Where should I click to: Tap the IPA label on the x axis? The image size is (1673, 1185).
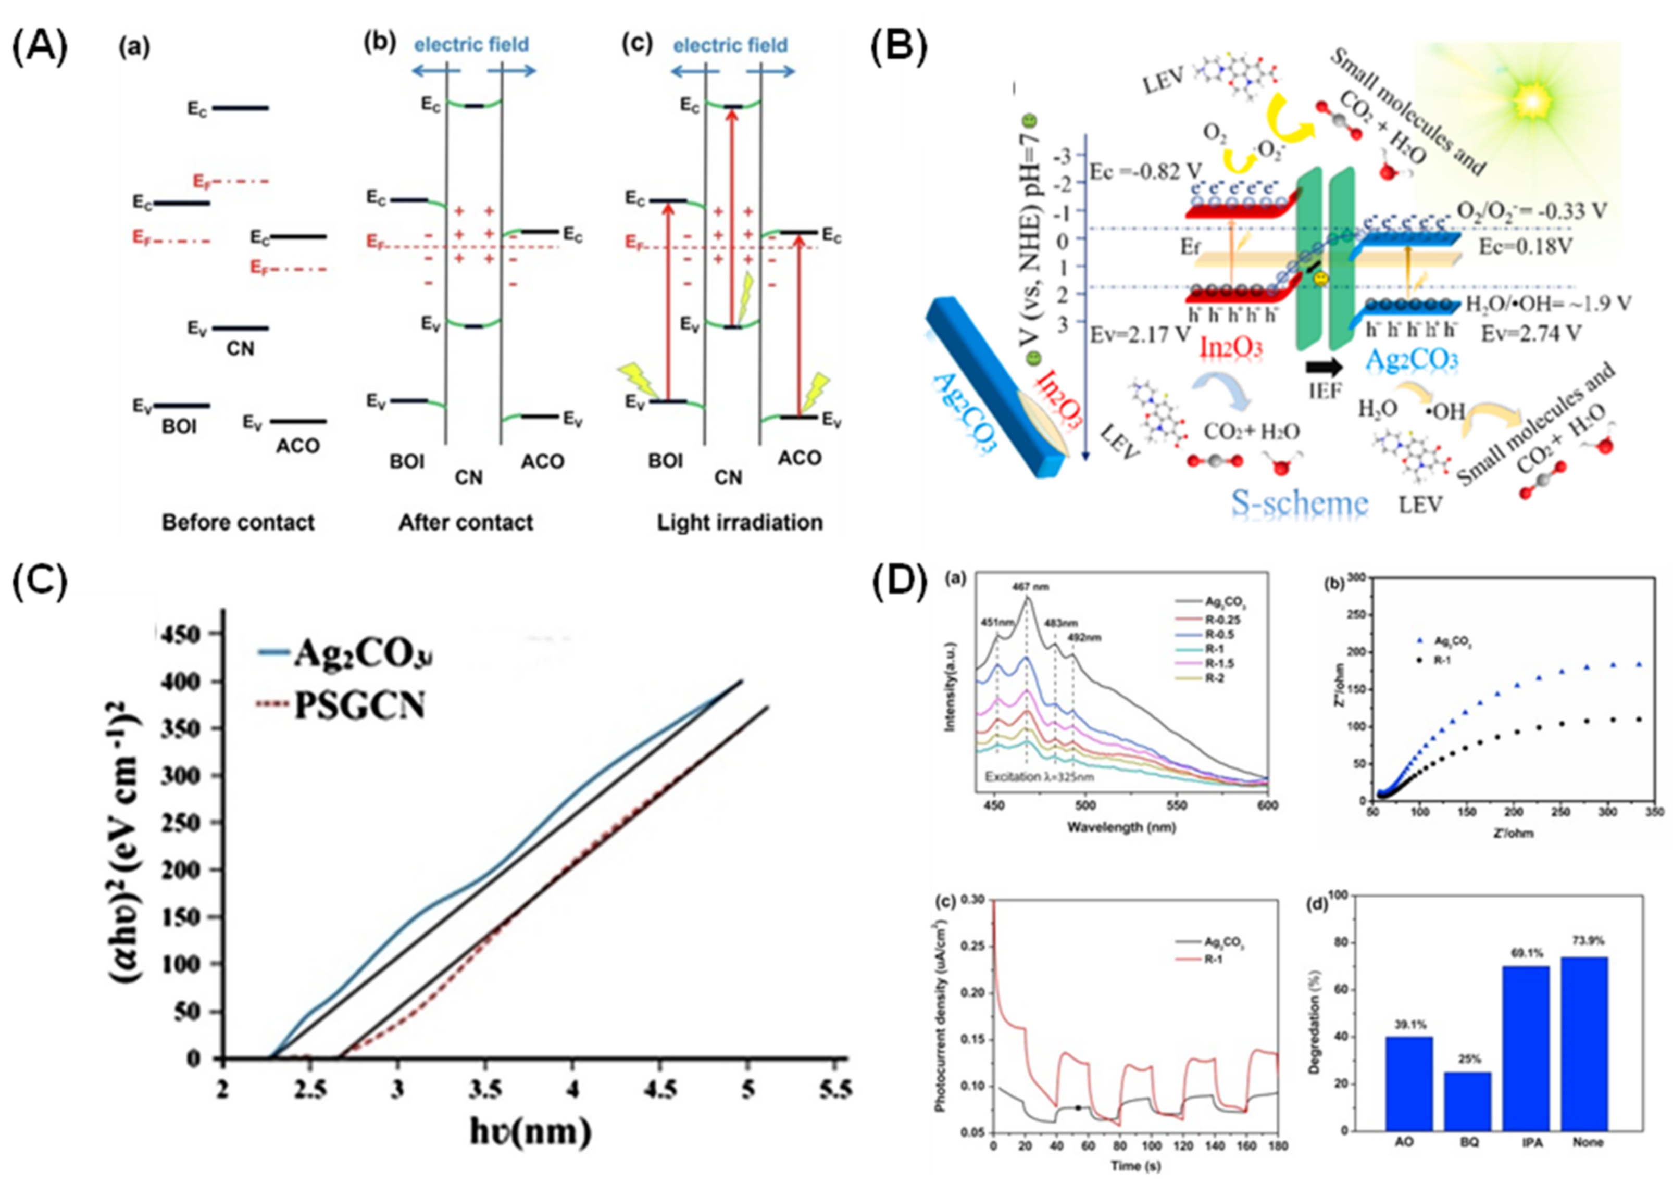[1533, 1143]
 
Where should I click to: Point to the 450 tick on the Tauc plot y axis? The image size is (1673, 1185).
[185, 635]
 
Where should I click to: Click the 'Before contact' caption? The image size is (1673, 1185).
[238, 522]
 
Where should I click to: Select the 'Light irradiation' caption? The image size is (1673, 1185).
[740, 522]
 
